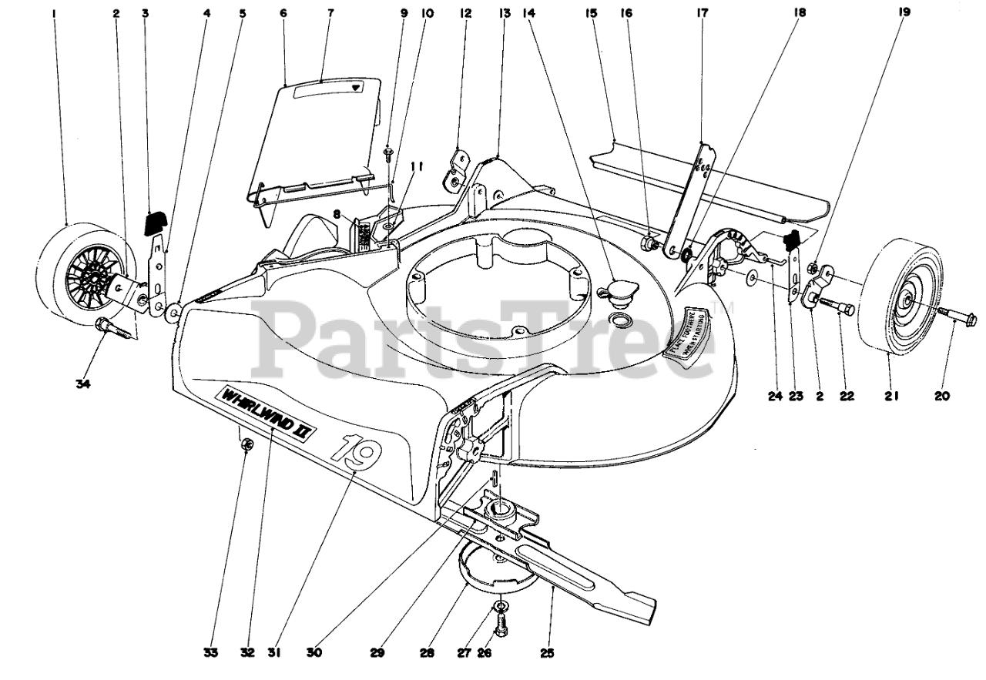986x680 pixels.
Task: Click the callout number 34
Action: [83, 385]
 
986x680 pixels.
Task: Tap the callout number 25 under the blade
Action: [546, 654]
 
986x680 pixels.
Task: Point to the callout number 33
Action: [211, 653]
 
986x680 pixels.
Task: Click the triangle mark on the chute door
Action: [355, 88]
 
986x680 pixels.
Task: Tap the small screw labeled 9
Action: [388, 153]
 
